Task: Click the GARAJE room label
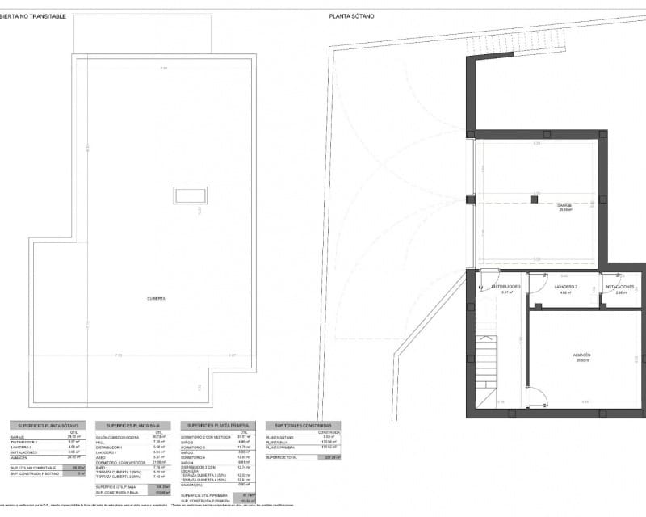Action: (x=564, y=205)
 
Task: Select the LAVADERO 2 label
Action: (x=565, y=287)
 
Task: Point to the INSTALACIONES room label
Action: (x=619, y=287)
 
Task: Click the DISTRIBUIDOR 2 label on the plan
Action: (x=506, y=287)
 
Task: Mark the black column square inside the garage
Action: (x=534, y=199)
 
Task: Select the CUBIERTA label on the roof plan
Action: (x=156, y=298)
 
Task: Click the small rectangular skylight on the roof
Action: (x=190, y=196)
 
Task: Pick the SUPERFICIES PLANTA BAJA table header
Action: (x=133, y=426)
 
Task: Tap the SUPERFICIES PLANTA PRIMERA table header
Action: (x=219, y=426)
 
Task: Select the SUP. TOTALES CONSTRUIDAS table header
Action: (x=303, y=426)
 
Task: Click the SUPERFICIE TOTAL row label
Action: (x=282, y=457)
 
